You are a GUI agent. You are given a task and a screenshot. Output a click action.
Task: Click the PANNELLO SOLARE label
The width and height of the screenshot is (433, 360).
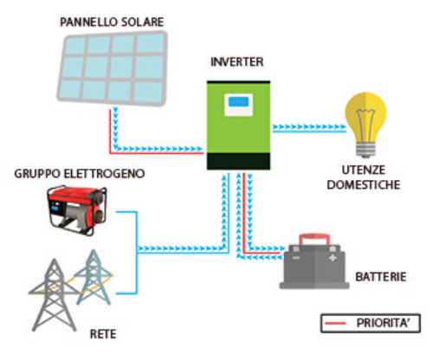pos(103,19)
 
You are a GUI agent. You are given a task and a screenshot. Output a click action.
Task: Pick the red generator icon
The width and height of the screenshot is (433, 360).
pos(79,209)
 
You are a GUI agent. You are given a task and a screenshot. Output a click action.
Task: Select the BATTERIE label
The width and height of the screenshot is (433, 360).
pos(381,277)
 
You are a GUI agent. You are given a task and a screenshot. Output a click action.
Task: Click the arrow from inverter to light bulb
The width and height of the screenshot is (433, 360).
pos(303,126)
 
